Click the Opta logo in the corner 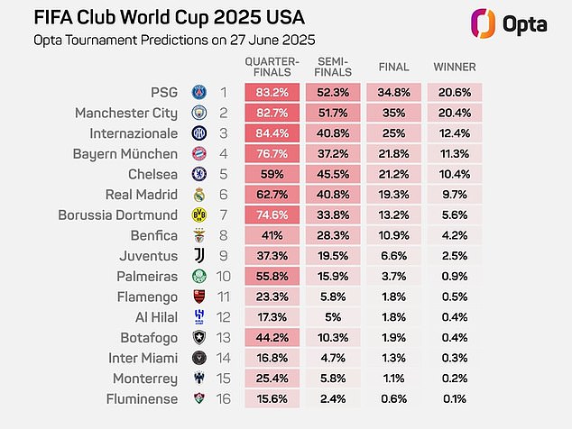click(512, 22)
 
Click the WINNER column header click(455, 67)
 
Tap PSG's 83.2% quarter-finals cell click(267, 92)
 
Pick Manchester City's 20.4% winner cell click(454, 113)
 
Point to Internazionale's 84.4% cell click(267, 133)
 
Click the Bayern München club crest click(198, 154)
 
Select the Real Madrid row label click(146, 195)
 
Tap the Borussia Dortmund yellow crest click(198, 215)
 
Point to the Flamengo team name click(150, 297)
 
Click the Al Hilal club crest click(198, 317)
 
